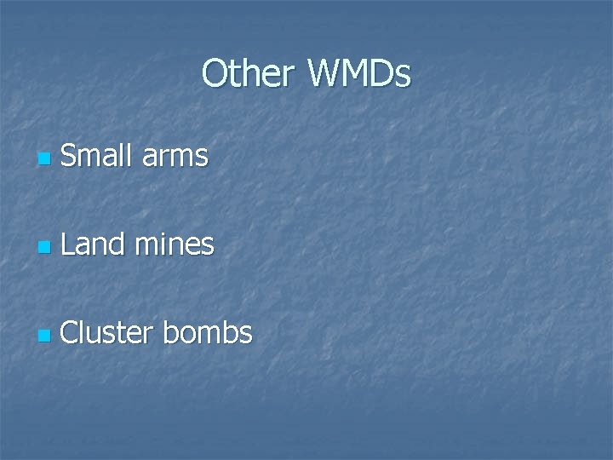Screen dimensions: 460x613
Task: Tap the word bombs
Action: (x=209, y=333)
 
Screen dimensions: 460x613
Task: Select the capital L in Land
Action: (x=69, y=244)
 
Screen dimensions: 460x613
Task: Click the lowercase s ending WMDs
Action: (x=404, y=77)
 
